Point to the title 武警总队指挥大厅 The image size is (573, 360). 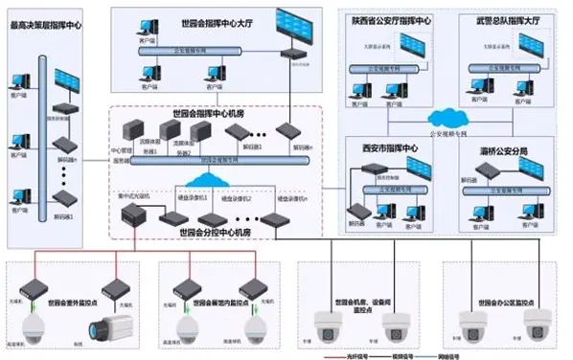click(505, 19)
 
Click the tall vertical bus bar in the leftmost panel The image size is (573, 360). click(41, 144)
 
